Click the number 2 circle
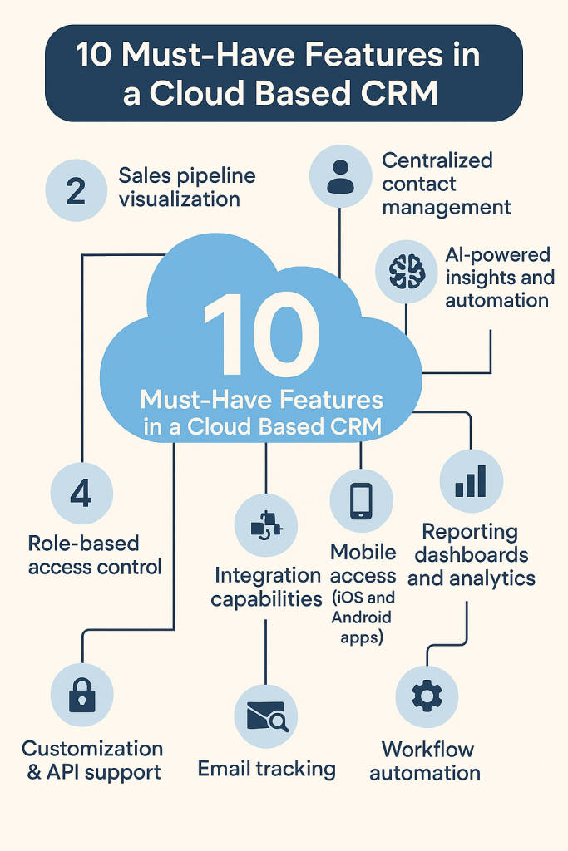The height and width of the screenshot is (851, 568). click(76, 190)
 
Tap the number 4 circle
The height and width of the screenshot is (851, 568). click(81, 494)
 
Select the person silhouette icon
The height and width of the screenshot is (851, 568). click(340, 176)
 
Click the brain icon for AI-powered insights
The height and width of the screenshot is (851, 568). click(406, 271)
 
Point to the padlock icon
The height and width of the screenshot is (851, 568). click(81, 695)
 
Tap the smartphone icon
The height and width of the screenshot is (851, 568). click(361, 500)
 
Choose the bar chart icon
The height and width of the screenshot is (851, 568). click(471, 481)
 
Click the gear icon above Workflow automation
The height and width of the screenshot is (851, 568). click(426, 696)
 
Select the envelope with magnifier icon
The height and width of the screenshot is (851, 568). click(265, 717)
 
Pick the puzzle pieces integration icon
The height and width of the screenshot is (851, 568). click(266, 526)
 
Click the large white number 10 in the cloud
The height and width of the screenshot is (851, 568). click(260, 336)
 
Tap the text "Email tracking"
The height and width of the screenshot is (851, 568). click(266, 769)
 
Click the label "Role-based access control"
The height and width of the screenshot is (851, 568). click(95, 555)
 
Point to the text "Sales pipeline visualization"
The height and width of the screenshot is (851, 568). click(187, 187)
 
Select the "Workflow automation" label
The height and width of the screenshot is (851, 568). click(425, 760)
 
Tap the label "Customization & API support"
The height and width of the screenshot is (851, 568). click(93, 760)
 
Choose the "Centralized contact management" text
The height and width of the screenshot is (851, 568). click(446, 183)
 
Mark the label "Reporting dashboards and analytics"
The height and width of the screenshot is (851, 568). click(471, 554)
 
